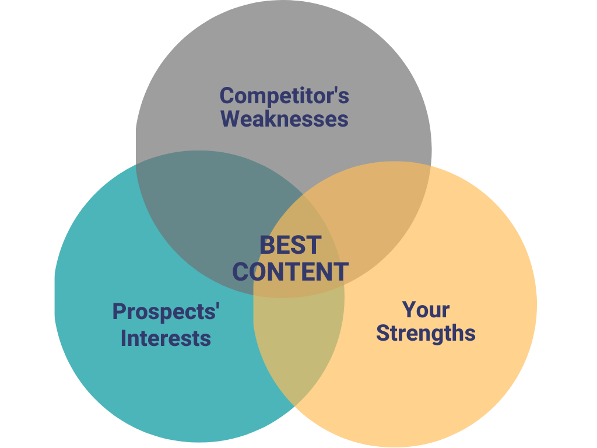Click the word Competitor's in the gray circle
pyautogui.click(x=284, y=96)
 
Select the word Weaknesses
pyautogui.click(x=285, y=118)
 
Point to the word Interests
pyautogui.click(x=166, y=338)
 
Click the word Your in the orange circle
pyautogui.click(x=426, y=310)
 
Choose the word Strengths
pyautogui.click(x=426, y=333)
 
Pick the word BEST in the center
pyautogui.click(x=290, y=245)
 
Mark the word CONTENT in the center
pyautogui.click(x=290, y=272)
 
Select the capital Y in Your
pyautogui.click(x=409, y=310)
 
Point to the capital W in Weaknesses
pyautogui.click(x=230, y=118)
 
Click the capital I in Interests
pyautogui.click(x=124, y=338)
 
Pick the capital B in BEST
pyautogui.click(x=266, y=245)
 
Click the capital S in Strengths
pyautogui.click(x=383, y=333)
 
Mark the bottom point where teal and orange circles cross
pyautogui.click(x=294, y=407)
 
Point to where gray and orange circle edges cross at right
pyautogui.click(x=431, y=165)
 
